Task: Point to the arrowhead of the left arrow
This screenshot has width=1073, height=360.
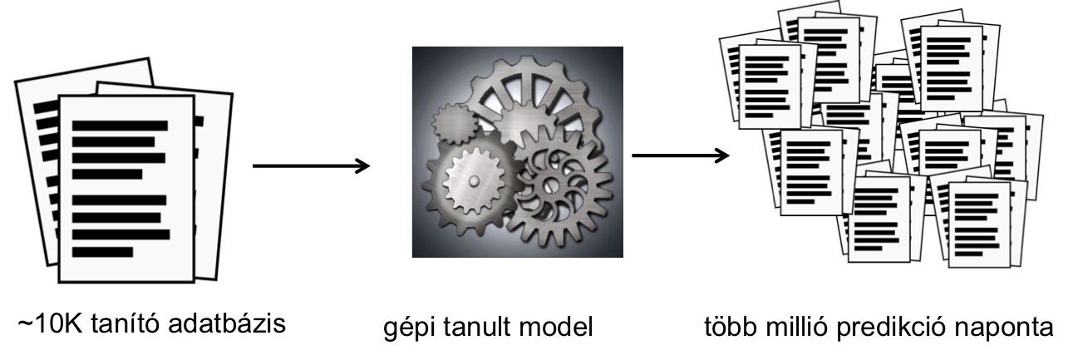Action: click(361, 166)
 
